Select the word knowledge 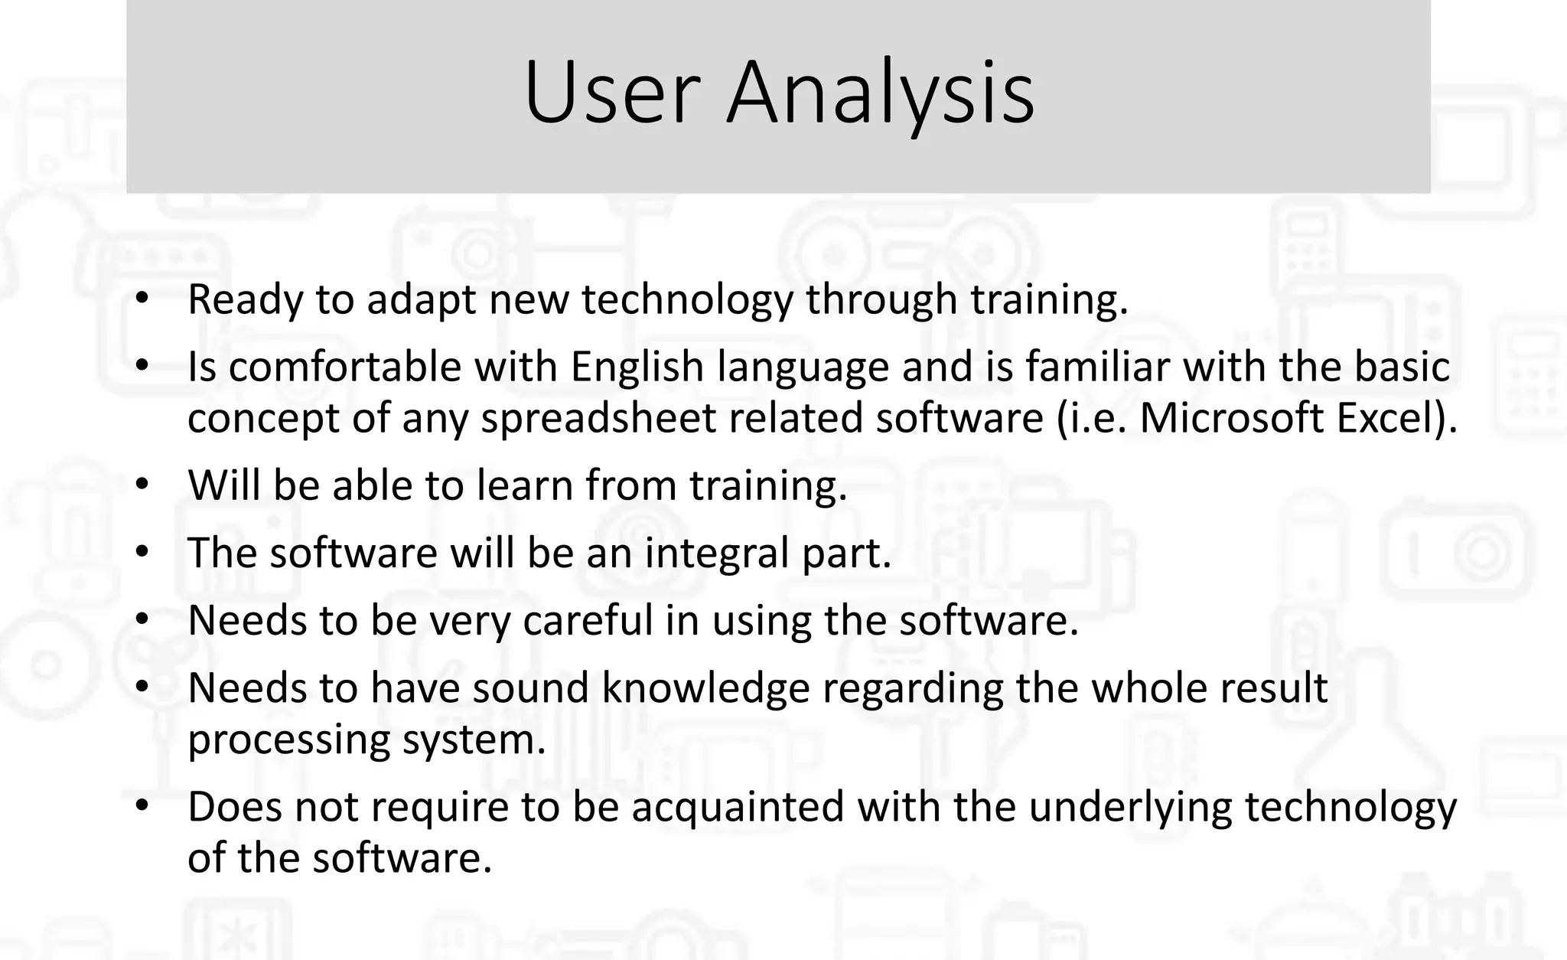[705, 688]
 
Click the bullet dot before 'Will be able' [142, 485]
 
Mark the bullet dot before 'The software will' [142, 552]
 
